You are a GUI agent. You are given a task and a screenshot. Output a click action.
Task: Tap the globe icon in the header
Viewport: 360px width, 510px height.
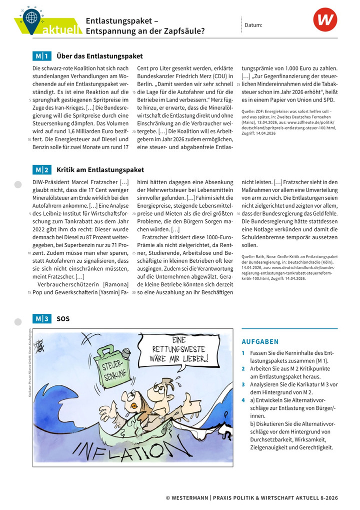tap(31, 17)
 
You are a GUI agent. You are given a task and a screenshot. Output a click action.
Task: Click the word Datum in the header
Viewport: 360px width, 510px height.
tap(253, 25)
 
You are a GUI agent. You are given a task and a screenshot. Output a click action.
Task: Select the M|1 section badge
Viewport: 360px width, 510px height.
tap(41, 56)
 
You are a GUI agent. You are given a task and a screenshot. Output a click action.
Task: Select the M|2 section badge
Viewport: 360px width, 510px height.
tap(41, 170)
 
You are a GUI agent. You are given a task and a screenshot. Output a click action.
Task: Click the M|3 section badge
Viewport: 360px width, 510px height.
tap(41, 318)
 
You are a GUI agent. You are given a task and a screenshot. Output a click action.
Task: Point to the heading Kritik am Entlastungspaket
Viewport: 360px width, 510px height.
tap(100, 170)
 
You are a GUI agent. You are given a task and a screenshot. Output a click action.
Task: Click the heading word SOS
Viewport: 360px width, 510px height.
tap(63, 318)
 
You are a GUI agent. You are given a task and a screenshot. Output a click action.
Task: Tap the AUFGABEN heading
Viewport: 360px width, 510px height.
tap(260, 342)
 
